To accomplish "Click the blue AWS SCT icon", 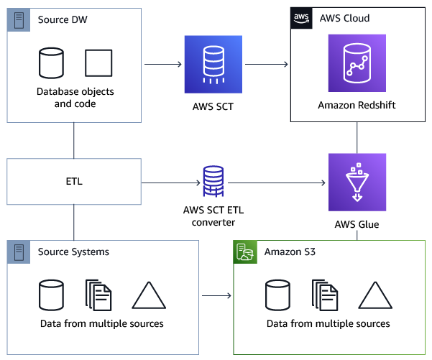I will [214, 64].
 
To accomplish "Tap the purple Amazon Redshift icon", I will [357, 64].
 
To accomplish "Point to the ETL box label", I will [74, 181].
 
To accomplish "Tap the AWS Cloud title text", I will [344, 17].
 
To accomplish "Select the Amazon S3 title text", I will [289, 251].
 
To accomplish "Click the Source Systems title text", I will [74, 251].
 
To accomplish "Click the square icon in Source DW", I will [98, 64].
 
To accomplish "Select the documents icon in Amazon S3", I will [325, 295].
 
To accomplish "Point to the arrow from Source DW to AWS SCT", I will [163, 65].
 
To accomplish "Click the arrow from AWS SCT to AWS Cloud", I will [267, 65].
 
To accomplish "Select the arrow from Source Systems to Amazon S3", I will [216, 295].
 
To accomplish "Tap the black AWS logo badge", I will [301, 17].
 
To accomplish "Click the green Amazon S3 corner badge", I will [244, 251].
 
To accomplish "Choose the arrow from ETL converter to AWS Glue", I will [277, 183].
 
